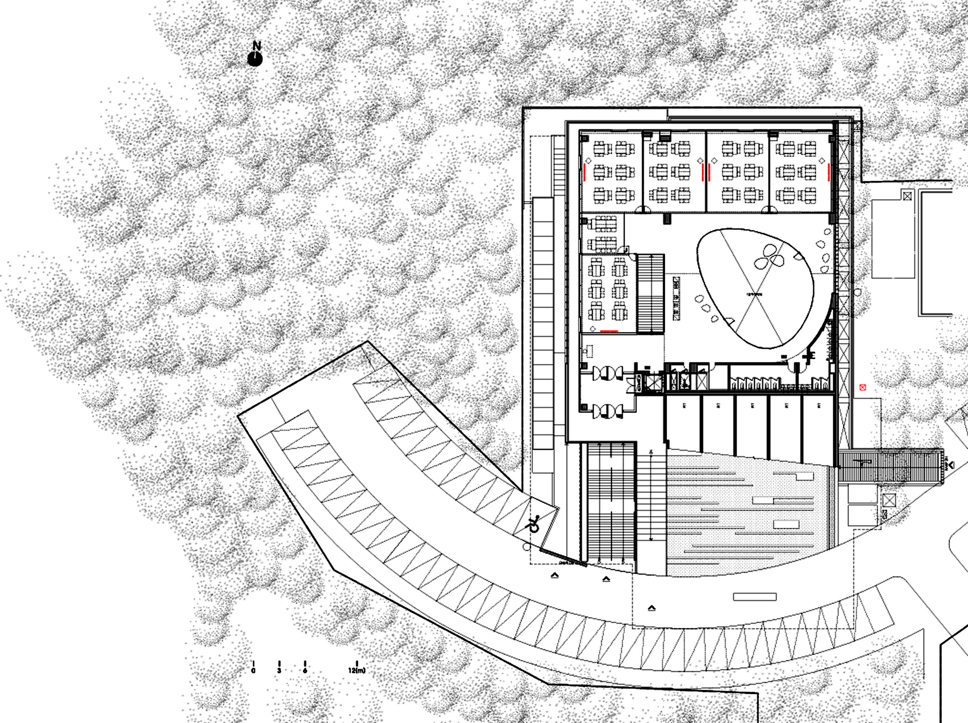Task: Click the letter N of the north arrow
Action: tap(257, 46)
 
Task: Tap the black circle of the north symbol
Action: tap(255, 60)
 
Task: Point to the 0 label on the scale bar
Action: tap(253, 671)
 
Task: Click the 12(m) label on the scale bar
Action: tap(357, 671)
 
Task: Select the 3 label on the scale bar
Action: tap(279, 671)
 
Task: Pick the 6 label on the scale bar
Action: tap(305, 671)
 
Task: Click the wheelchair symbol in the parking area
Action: tap(534, 524)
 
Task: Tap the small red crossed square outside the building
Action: tap(862, 387)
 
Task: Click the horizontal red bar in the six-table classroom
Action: tap(609, 331)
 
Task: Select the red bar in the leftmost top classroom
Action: tap(585, 172)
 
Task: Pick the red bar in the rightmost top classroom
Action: tap(829, 172)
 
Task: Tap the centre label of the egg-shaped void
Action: tap(754, 294)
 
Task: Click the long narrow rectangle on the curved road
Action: tap(755, 597)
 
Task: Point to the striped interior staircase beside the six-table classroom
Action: tap(650, 293)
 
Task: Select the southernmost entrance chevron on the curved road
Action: tap(651, 608)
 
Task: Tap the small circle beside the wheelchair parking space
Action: tap(527, 547)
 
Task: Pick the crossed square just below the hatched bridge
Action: tap(889, 500)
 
